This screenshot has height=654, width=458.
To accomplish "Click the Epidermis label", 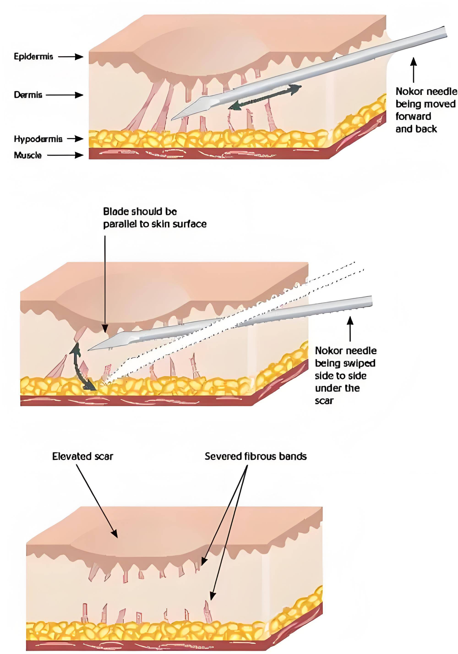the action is (33, 56).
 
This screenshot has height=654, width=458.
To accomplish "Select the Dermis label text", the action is (28, 95).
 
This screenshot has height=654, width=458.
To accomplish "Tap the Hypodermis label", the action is (38, 139).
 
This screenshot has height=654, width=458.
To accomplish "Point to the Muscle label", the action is (28, 155).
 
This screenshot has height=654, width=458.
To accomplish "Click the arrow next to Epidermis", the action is (71, 57).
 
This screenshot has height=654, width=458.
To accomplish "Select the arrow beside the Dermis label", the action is (65, 95).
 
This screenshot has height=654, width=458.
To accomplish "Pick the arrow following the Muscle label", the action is (65, 155).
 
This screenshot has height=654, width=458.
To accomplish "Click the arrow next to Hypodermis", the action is (75, 139).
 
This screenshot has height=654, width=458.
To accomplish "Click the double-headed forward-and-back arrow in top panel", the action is (264, 97).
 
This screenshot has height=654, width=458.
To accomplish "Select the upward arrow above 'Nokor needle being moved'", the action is (414, 70).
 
